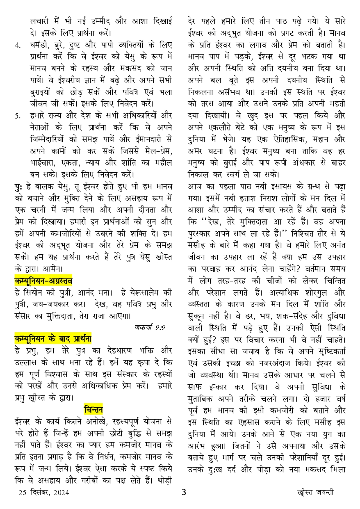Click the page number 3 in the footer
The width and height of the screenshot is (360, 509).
(184, 492)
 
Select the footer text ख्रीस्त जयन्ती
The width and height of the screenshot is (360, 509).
(315, 493)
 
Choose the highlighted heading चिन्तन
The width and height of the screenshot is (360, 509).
(93, 409)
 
